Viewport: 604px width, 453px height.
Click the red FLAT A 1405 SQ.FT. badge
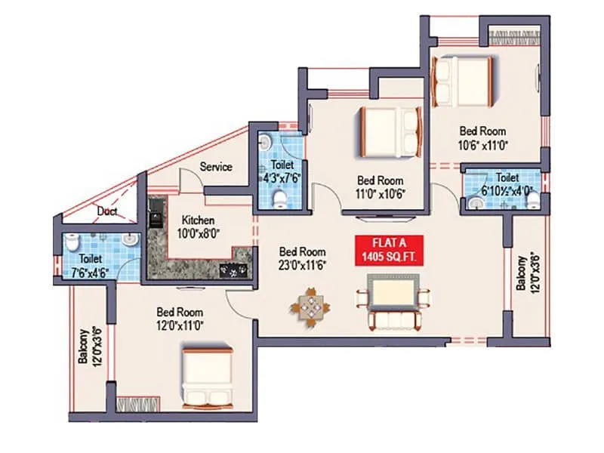point(389,251)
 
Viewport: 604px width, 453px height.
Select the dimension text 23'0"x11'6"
point(302,265)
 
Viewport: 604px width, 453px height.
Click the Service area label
point(216,167)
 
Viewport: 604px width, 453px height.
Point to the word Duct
point(107,212)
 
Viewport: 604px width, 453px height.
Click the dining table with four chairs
point(310,307)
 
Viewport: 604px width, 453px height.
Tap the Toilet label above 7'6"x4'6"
point(90,258)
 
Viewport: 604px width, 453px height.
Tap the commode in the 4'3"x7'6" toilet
point(279,199)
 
